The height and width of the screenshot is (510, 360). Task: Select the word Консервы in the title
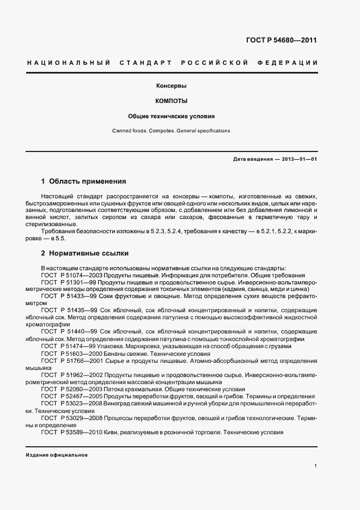click(x=172, y=86)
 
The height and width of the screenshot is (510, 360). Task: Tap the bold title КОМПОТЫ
click(x=172, y=101)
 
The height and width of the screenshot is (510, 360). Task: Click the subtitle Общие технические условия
click(x=172, y=116)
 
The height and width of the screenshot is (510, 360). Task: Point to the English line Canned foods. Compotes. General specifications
click(x=172, y=131)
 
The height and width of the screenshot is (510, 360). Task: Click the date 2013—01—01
click(x=299, y=159)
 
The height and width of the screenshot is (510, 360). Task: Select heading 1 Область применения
click(x=84, y=181)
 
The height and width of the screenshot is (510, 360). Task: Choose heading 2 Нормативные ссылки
click(x=85, y=254)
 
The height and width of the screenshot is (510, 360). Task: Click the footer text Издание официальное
click(x=57, y=455)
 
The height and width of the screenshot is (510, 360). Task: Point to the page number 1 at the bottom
click(x=316, y=466)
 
